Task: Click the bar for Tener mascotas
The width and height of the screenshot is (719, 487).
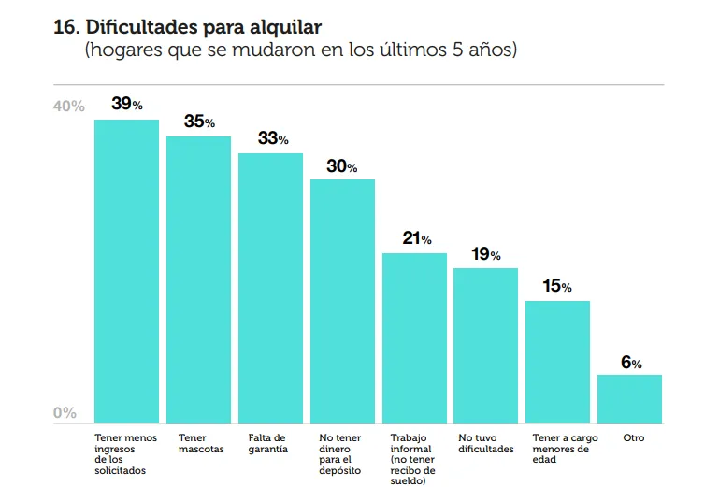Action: (198, 279)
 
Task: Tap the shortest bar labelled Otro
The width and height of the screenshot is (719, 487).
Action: (629, 399)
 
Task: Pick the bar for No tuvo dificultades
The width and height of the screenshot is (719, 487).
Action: (485, 346)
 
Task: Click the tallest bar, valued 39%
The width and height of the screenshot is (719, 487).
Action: (126, 271)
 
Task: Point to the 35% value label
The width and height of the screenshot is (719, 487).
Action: (199, 122)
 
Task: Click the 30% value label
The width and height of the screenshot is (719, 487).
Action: (342, 166)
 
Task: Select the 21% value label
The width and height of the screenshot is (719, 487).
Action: (416, 238)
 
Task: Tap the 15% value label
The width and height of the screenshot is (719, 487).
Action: (557, 286)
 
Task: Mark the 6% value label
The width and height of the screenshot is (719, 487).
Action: (631, 362)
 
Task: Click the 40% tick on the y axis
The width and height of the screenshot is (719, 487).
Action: (68, 107)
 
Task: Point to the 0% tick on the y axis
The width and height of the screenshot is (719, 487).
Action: (65, 413)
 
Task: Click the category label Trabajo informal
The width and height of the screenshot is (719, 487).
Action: (412, 459)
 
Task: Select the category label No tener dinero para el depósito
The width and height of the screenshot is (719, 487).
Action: (340, 454)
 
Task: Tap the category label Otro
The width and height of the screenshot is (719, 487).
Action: (633, 437)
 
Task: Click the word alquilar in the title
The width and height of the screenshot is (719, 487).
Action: (298, 27)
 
